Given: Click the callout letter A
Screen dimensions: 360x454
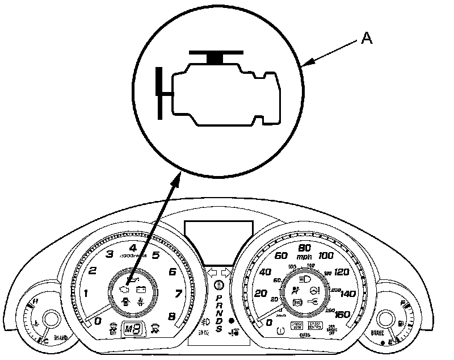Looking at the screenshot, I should [x=367, y=39].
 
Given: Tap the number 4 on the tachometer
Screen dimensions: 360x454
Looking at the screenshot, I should [x=133, y=248].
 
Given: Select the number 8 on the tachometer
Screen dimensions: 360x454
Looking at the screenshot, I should [x=171, y=317].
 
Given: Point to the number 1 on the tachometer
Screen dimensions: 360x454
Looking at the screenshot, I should [x=86, y=294].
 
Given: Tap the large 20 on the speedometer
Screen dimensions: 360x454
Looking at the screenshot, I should [x=260, y=294].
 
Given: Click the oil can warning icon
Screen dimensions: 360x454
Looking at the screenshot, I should [x=132, y=280].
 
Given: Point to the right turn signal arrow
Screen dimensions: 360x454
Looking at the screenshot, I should [x=225, y=272].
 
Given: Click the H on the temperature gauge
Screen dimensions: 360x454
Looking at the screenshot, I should [x=36, y=300].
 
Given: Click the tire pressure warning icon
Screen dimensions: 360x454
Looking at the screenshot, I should [x=279, y=329].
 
